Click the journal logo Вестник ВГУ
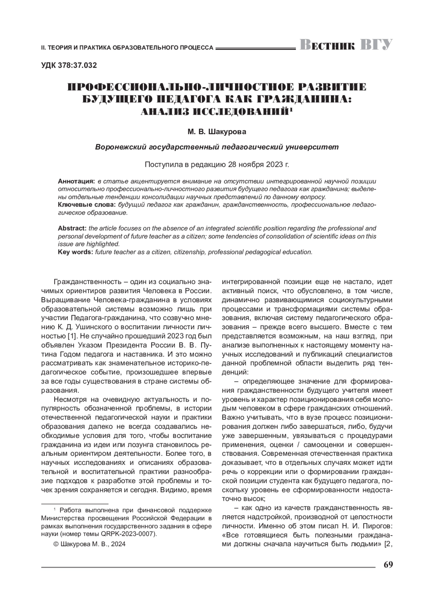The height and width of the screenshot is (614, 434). [346, 45]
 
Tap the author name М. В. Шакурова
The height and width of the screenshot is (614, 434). [217, 132]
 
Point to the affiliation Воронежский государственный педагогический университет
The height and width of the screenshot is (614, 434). [217, 147]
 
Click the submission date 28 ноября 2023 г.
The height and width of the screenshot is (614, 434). [259, 164]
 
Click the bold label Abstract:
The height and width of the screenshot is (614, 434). [72, 228]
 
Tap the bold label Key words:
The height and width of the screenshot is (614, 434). [76, 252]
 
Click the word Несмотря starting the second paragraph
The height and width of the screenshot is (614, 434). [70, 400]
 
